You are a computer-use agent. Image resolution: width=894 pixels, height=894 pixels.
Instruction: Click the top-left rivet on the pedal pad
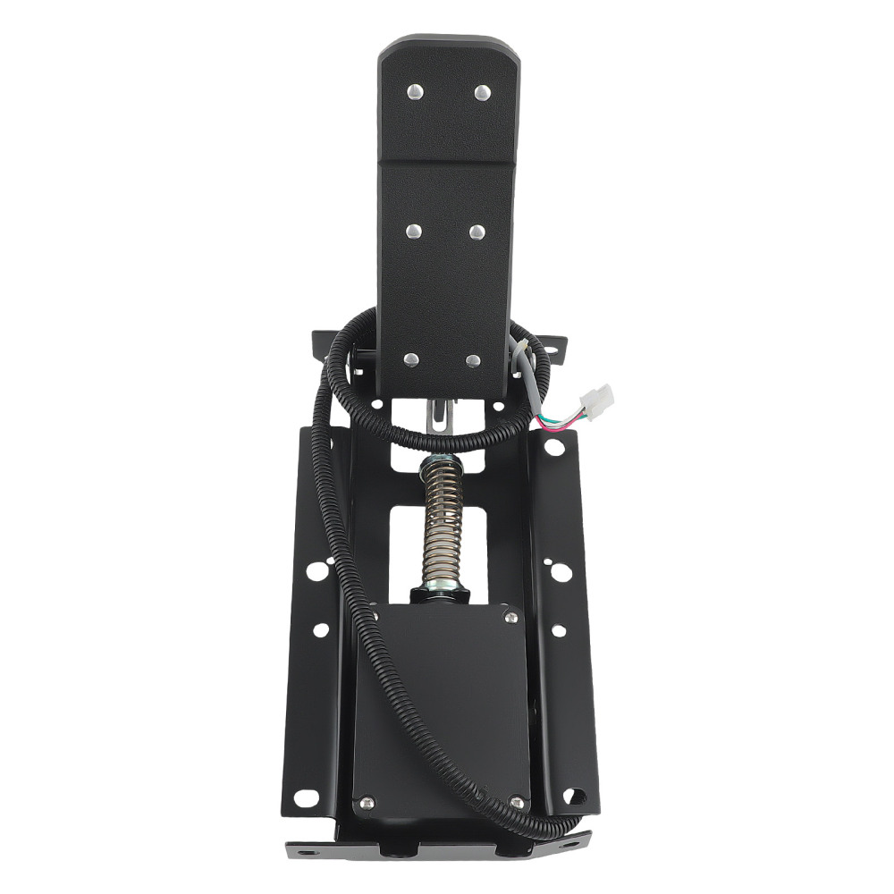[x=415, y=91]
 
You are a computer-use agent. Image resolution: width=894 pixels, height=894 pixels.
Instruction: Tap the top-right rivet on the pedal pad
[x=482, y=92]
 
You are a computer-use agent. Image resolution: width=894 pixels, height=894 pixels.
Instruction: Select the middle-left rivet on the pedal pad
[x=413, y=232]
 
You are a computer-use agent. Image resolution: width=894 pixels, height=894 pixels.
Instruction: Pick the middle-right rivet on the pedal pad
[x=476, y=232]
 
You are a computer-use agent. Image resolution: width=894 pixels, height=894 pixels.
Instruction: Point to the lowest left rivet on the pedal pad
[x=410, y=359]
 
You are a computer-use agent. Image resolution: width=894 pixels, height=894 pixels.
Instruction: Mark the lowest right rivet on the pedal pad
[x=473, y=360]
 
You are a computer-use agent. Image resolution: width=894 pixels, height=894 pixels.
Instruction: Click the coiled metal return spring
[x=442, y=519]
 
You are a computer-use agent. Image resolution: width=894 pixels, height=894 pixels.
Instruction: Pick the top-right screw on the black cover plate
[x=510, y=617]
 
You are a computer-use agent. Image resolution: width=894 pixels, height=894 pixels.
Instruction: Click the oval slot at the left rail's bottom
[x=306, y=797]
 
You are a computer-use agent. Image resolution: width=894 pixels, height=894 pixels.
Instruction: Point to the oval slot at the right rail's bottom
[x=574, y=795]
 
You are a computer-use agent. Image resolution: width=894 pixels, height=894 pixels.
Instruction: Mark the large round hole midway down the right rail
[x=560, y=570]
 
